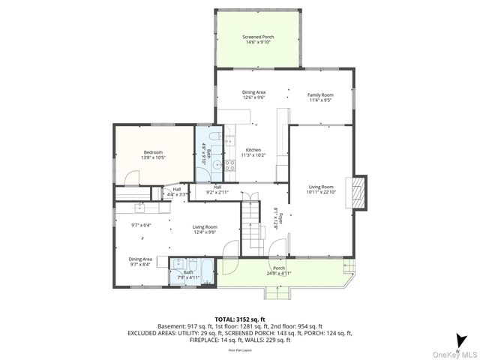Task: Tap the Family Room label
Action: click(x=320, y=97)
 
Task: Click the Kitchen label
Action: click(x=253, y=152)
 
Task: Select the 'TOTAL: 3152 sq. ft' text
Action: click(x=240, y=319)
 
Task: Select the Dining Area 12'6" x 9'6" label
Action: click(x=253, y=94)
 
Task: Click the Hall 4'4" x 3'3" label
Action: click(x=176, y=192)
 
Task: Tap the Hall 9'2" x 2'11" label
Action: click(x=217, y=190)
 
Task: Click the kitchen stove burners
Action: click(x=229, y=165)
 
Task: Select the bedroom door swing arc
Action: click(x=132, y=177)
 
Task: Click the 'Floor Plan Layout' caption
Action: click(x=240, y=350)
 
